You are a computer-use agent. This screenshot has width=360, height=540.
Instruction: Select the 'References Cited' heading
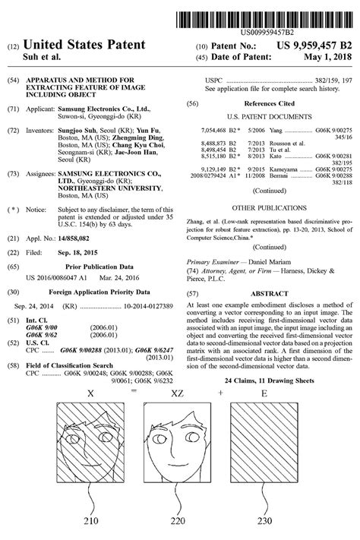(270, 102)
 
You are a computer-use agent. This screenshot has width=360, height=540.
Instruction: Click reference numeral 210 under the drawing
(92, 522)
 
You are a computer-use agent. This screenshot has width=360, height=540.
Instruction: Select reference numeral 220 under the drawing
(178, 522)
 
